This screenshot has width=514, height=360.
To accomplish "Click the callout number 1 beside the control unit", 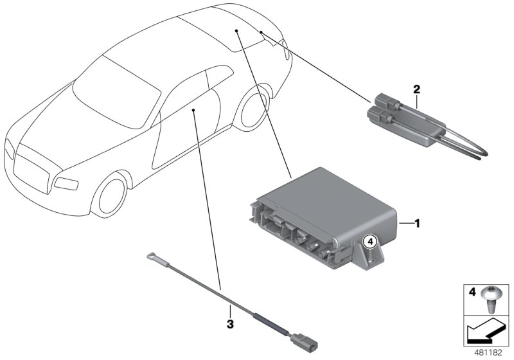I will click(x=416, y=224).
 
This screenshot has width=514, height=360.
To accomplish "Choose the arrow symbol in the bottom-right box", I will click(x=487, y=334).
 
